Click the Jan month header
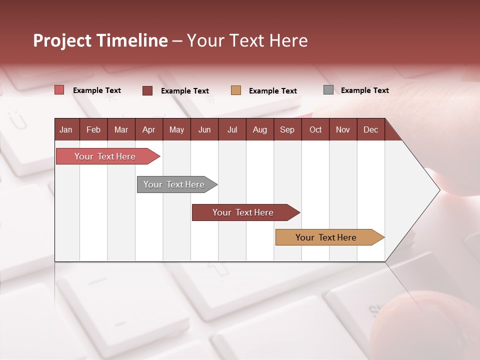(x=66, y=129)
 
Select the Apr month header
(x=149, y=129)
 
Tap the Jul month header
(x=232, y=129)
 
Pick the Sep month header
(x=287, y=129)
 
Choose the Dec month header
(x=370, y=129)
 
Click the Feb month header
(x=93, y=129)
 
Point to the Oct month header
(x=315, y=129)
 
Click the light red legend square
(x=59, y=90)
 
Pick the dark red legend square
(x=147, y=90)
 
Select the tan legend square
(x=236, y=90)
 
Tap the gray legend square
(x=328, y=90)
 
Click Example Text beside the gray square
(x=365, y=90)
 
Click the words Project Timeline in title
(x=100, y=40)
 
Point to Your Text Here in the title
(x=247, y=40)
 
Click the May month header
(x=176, y=129)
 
